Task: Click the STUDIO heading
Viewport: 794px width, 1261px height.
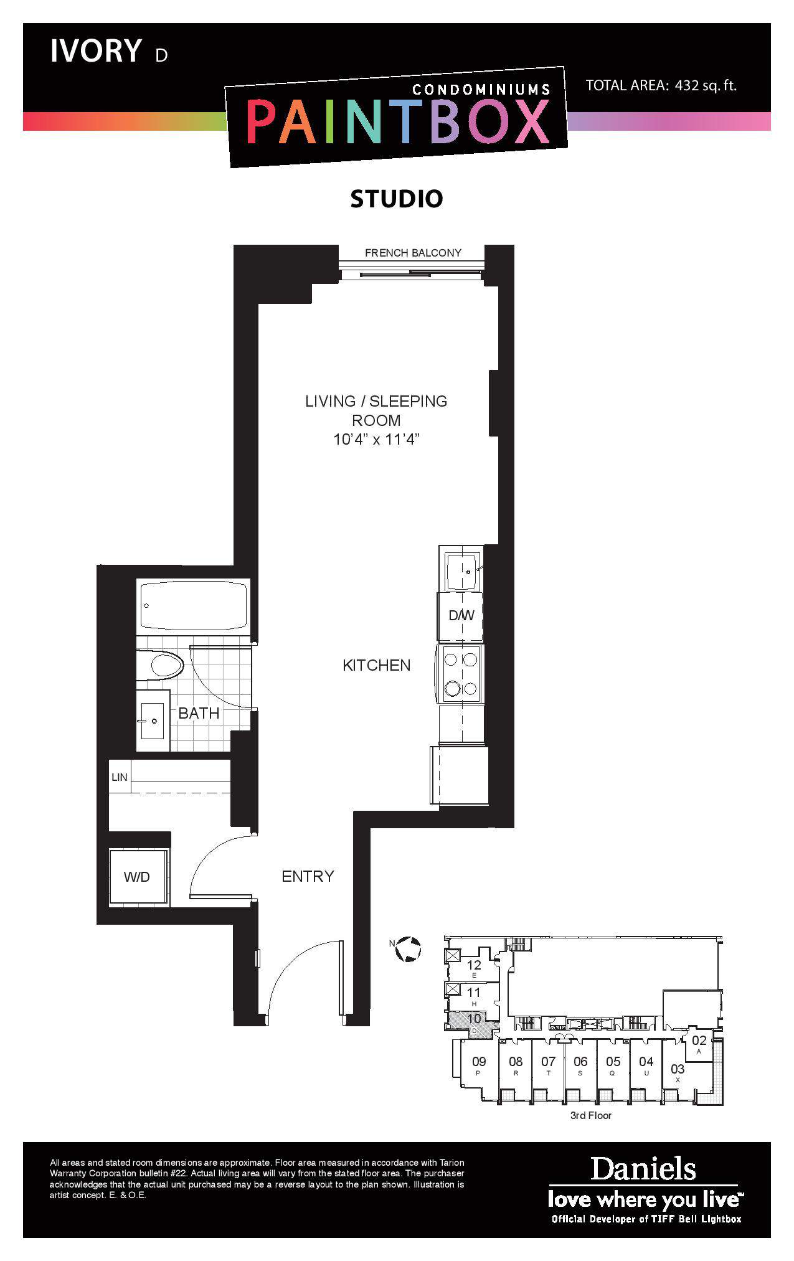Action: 397,199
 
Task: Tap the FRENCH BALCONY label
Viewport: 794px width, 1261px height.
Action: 413,253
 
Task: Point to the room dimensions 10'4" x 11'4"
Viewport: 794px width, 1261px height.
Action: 376,440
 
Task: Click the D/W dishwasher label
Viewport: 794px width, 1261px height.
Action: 461,616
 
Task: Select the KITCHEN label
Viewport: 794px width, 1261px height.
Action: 377,665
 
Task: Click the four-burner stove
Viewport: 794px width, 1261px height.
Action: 461,674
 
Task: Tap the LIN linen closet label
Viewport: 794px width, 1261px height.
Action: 120,777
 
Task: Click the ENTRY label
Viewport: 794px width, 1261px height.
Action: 308,876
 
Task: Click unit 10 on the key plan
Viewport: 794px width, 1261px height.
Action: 474,1019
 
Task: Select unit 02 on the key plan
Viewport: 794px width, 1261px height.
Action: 699,1040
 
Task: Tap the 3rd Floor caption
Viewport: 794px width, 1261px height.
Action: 591,1115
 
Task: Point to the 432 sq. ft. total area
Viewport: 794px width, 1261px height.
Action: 706,86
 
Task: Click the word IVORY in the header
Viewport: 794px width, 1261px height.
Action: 96,51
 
